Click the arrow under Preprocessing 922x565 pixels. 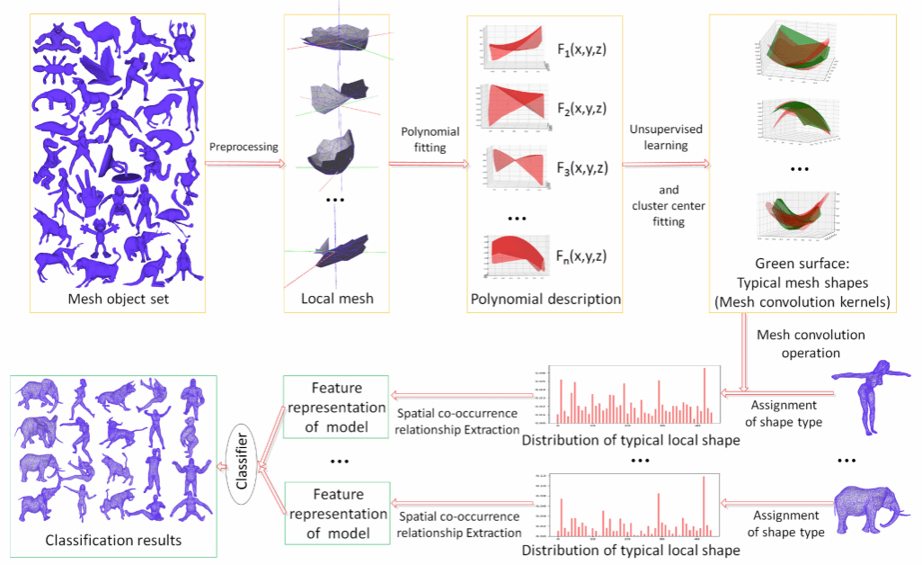(244, 165)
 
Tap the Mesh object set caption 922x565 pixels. (118, 299)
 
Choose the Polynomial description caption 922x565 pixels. (545, 299)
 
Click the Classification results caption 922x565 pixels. (112, 540)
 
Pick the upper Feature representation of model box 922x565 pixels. (337, 407)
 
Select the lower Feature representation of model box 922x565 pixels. (337, 513)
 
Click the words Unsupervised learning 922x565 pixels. (653, 137)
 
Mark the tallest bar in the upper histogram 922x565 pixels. (705, 393)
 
